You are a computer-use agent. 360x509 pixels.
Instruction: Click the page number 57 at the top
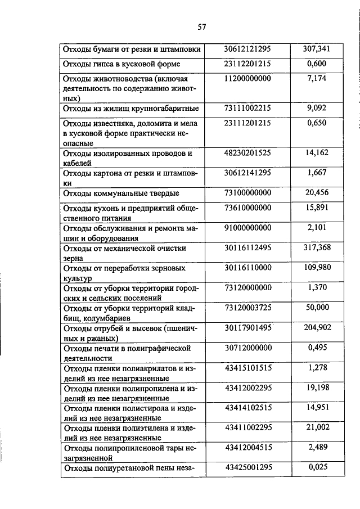(203, 26)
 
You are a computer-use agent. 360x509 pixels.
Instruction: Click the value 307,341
(317, 49)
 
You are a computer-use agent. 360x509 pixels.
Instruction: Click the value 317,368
(317, 247)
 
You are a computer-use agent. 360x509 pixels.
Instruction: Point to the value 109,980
(317, 267)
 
